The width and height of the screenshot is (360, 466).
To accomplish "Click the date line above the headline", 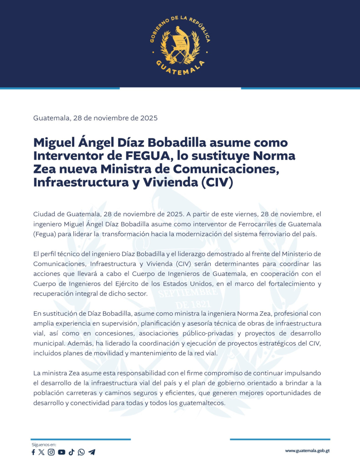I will point(95,118).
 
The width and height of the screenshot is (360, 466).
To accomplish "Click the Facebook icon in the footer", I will point(33,452).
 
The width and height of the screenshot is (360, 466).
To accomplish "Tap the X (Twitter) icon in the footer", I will point(42,452).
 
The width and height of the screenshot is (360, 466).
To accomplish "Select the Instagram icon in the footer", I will point(51,452).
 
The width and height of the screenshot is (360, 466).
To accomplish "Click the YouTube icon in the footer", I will point(62,452).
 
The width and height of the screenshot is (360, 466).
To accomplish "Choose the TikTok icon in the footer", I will point(71,452).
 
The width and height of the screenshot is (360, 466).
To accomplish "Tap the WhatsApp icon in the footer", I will point(81,452).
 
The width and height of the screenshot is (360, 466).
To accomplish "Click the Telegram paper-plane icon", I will point(92,452).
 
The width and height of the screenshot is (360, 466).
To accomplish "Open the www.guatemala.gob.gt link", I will point(307,451).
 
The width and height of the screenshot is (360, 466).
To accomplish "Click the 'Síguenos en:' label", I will point(43,445).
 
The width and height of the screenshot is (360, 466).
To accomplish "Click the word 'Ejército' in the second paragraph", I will point(123,284).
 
